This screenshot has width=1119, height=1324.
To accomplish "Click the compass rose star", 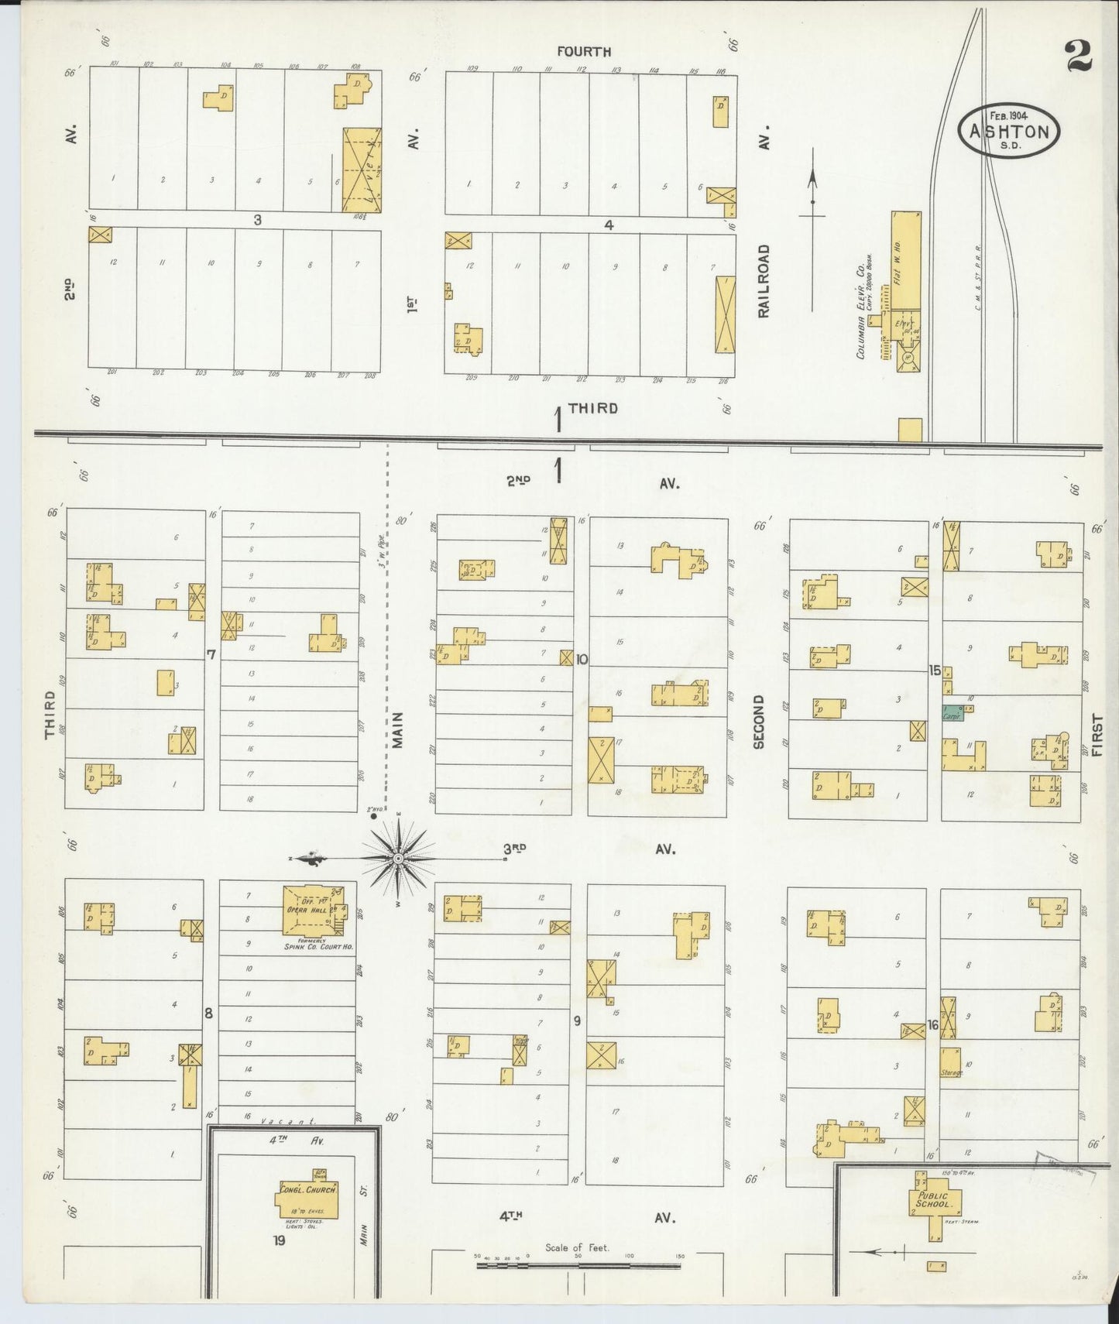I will click(x=397, y=858).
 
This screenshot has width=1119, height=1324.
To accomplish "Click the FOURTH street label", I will click(x=584, y=52).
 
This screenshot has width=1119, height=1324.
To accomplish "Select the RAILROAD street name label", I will click(x=764, y=281).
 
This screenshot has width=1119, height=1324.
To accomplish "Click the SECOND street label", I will click(x=758, y=722).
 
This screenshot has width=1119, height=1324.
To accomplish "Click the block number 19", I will click(x=280, y=1243).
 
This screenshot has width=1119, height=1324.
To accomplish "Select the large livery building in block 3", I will click(x=362, y=170).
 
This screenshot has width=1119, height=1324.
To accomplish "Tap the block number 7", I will click(x=211, y=655).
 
